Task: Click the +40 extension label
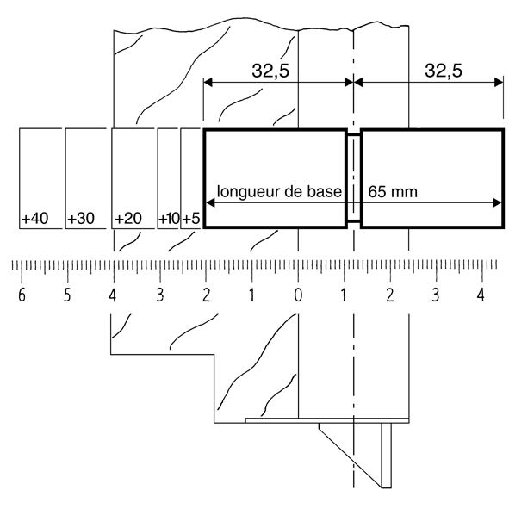(34, 219)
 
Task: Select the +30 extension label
(81, 219)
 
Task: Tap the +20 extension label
(128, 219)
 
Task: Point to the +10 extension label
(169, 219)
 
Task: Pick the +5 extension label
(191, 219)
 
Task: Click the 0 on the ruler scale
(298, 295)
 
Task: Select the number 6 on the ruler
(22, 295)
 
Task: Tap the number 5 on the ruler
(67, 295)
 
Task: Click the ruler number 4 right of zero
(481, 295)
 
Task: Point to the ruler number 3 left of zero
(159, 295)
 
